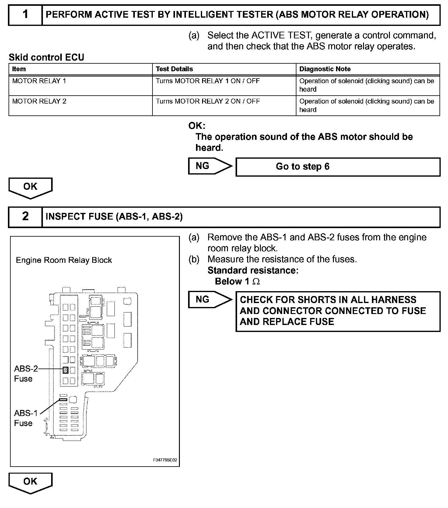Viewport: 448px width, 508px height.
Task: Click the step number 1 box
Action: [25, 15]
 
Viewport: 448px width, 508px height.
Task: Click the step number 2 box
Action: [25, 217]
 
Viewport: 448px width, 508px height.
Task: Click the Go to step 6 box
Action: [338, 167]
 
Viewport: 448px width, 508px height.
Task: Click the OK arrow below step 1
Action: [30, 187]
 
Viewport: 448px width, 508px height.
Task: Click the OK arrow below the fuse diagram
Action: [30, 482]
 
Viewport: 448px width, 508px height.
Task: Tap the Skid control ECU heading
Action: [46, 57]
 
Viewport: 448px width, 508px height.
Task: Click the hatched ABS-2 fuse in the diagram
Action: [65, 370]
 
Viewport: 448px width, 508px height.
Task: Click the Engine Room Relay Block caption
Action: [64, 260]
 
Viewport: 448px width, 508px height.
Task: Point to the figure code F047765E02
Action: [165, 460]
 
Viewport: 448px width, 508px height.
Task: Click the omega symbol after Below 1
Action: [256, 282]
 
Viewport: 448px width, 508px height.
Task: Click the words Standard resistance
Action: [253, 270]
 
